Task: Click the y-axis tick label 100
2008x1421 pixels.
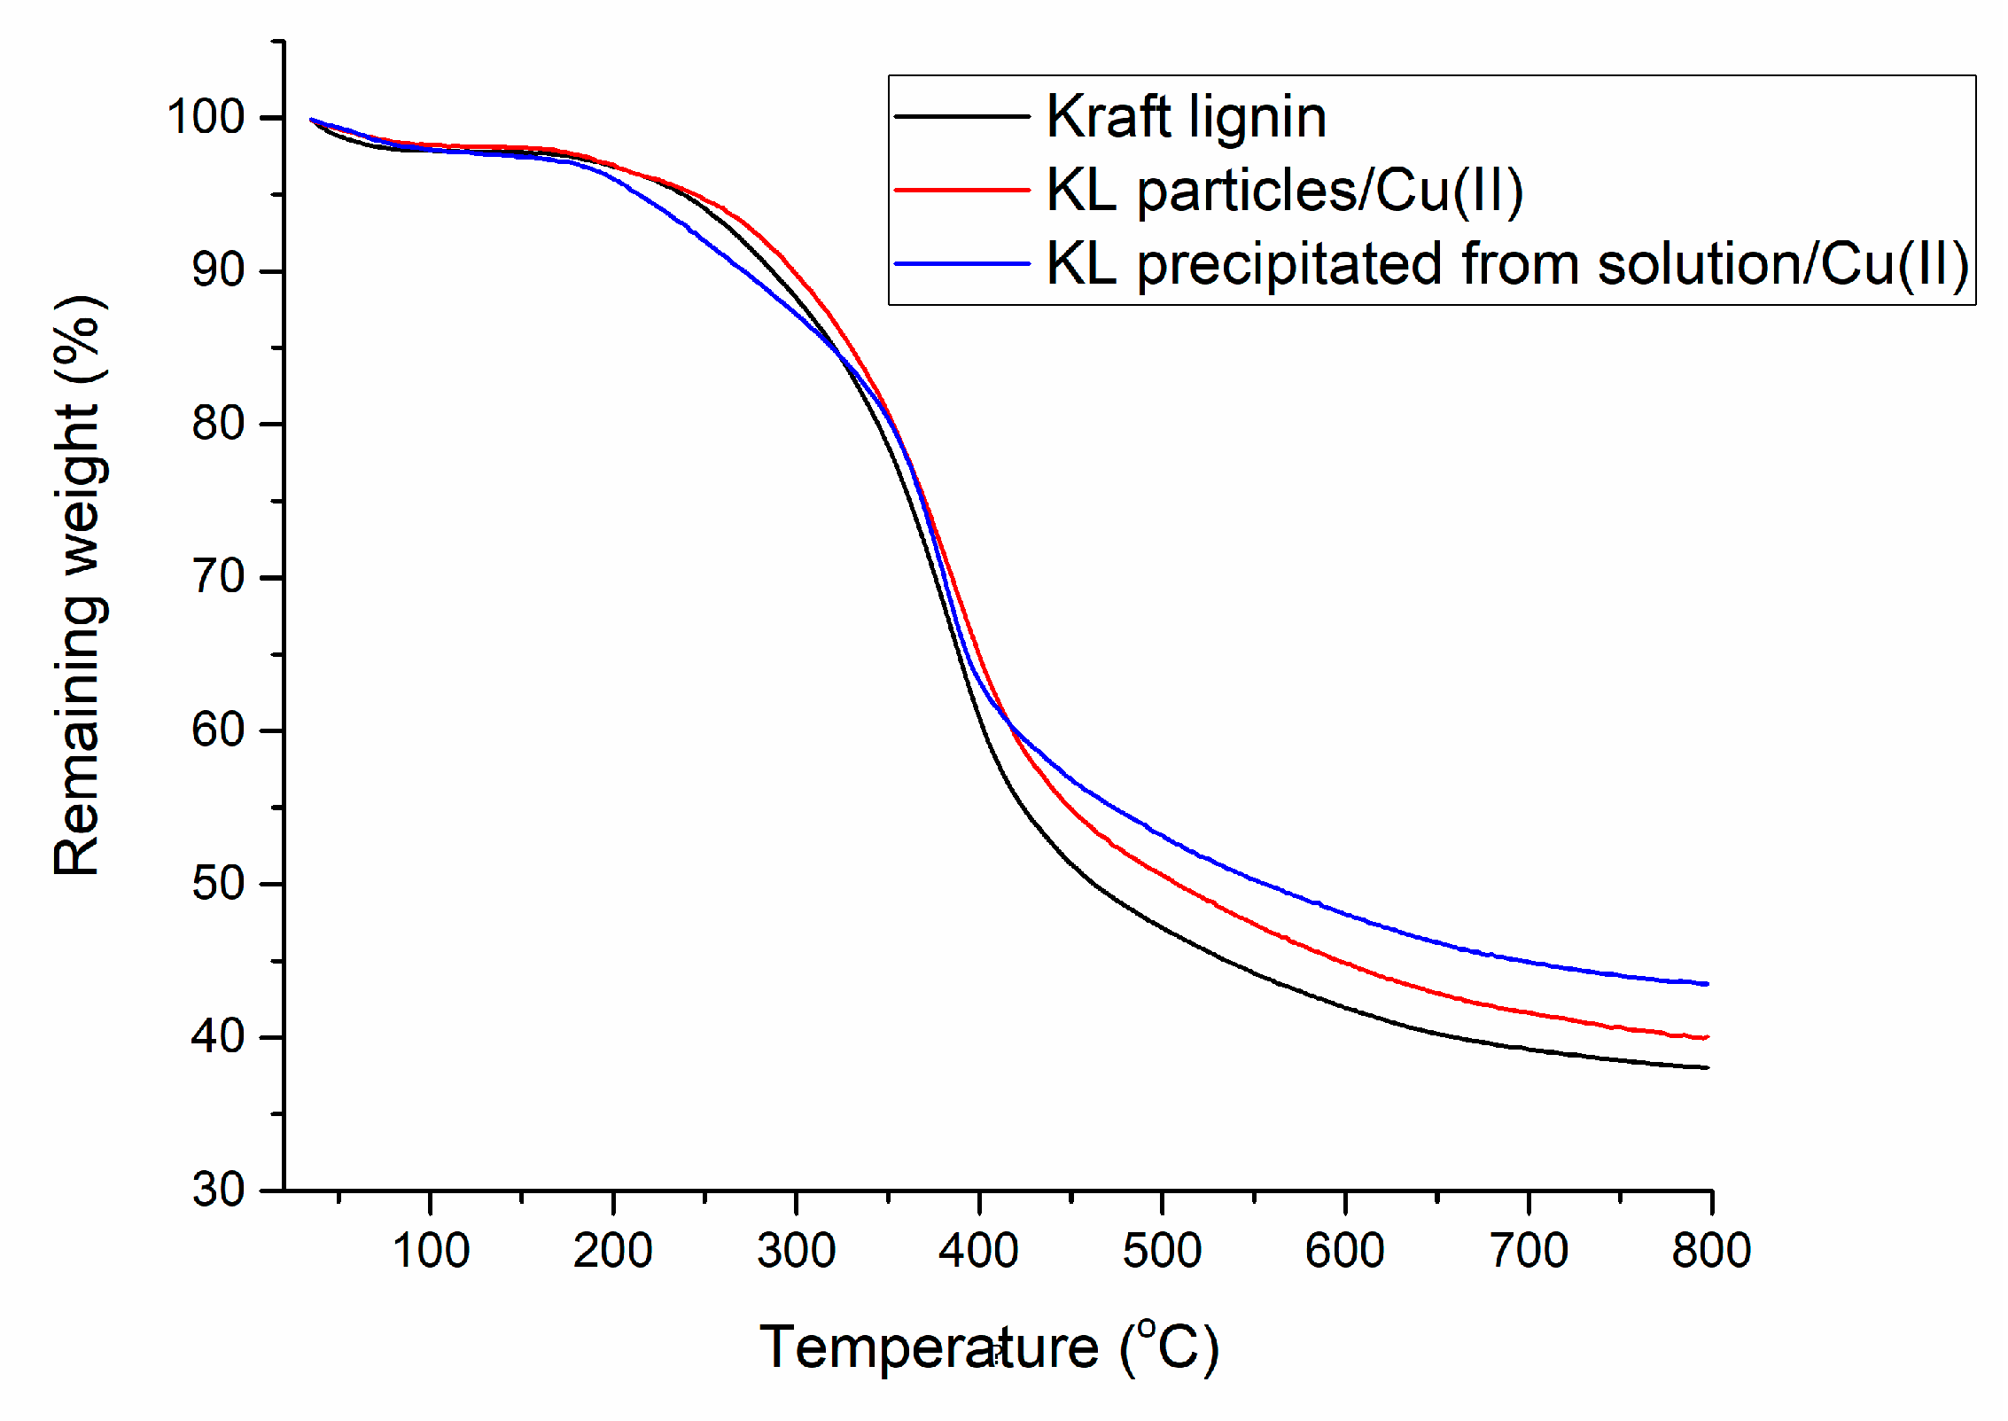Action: (206, 118)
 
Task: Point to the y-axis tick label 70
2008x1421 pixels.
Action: (218, 577)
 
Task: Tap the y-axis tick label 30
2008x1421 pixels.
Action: (218, 1190)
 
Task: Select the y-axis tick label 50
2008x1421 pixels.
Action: (218, 884)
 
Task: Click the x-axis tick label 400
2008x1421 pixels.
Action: (978, 1252)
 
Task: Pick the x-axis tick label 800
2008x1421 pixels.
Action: (1710, 1252)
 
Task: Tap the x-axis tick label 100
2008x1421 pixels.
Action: (431, 1252)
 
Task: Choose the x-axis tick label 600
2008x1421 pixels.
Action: (1344, 1252)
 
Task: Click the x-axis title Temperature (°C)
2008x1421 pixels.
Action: (989, 1348)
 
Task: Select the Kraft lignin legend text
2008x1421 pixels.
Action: (1186, 117)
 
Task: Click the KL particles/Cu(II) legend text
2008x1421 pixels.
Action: (1285, 191)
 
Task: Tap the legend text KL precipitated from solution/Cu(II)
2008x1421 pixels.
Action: (1506, 264)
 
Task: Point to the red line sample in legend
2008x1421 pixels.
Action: (962, 190)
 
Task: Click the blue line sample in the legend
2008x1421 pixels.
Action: (962, 263)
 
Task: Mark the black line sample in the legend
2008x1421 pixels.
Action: (962, 116)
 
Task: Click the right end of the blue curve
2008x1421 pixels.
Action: (1706, 984)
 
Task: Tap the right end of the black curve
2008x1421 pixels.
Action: (1706, 1067)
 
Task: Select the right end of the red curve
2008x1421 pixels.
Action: (1706, 1037)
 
